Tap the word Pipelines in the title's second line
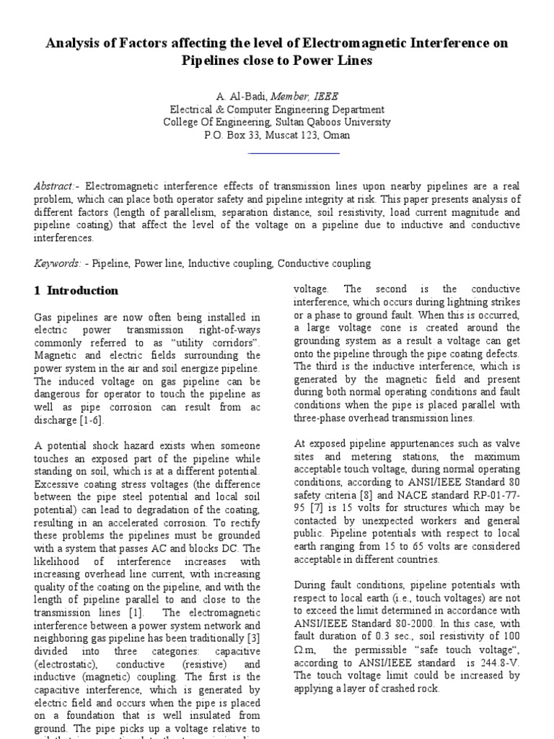[214, 61]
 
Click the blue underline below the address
[293, 153]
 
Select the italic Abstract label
[54, 186]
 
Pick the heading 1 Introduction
[76, 291]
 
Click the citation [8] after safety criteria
[375, 496]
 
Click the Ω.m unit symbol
[306, 651]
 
